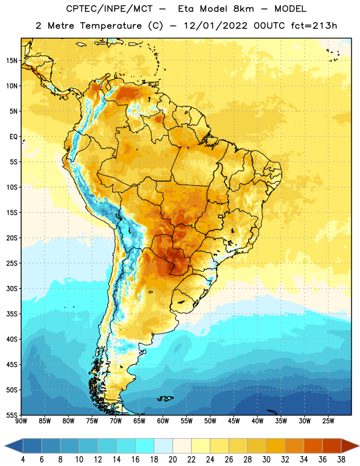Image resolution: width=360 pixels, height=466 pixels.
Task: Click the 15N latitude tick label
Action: pyautogui.click(x=12, y=61)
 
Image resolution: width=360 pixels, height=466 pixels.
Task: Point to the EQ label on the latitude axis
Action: pyautogui.click(x=13, y=137)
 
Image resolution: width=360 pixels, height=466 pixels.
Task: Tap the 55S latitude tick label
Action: pyautogui.click(x=12, y=415)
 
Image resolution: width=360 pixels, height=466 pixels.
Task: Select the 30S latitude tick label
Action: pyautogui.click(x=12, y=288)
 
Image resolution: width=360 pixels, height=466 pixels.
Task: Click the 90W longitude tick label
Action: pyautogui.click(x=22, y=421)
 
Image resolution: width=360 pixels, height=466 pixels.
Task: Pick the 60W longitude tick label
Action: pyautogui.click(x=163, y=421)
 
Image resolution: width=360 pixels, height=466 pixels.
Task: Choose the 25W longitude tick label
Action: pyautogui.click(x=328, y=421)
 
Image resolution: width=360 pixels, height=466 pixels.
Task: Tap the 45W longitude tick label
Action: pyautogui.click(x=234, y=421)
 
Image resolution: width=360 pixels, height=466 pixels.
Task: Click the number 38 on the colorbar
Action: pyautogui.click(x=341, y=460)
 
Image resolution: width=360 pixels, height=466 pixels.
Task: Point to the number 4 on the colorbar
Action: pyautogui.click(x=23, y=460)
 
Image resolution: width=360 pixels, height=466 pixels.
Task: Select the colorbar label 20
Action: pyautogui.click(x=172, y=460)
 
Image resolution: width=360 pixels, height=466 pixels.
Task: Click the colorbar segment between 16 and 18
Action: pyautogui.click(x=145, y=446)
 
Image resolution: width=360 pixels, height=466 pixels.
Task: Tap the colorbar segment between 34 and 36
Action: pyautogui.click(x=313, y=446)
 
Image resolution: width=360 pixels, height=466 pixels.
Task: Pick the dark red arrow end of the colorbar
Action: pyautogui.click(x=350, y=446)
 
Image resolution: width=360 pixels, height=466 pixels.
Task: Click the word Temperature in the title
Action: pyautogui.click(x=111, y=26)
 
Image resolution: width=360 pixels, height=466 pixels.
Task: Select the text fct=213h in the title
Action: pyautogui.click(x=314, y=26)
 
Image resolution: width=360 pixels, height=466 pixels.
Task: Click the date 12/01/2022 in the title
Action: pyautogui.click(x=216, y=26)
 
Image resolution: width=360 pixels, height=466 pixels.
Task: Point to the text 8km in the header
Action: pyautogui.click(x=243, y=9)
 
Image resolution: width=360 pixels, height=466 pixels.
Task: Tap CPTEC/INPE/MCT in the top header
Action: pyautogui.click(x=109, y=9)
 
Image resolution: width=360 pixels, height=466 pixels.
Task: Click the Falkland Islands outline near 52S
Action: pyautogui.click(x=165, y=398)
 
